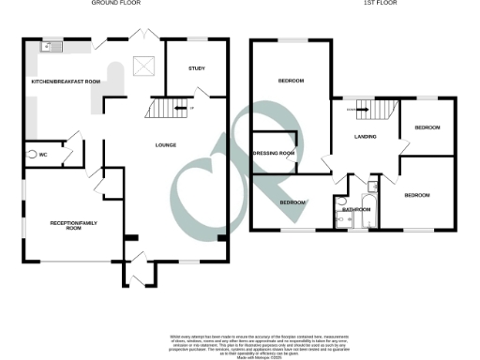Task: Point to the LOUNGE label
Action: coord(167,144)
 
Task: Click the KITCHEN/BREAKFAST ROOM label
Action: coord(66,82)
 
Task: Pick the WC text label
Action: coord(43,153)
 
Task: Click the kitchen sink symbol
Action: coord(49,47)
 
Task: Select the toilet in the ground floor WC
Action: coord(31,153)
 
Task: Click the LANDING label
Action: coord(366,138)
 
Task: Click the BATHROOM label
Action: coord(353,209)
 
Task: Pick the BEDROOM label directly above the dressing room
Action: coord(291,82)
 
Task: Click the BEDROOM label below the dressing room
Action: coord(292,202)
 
